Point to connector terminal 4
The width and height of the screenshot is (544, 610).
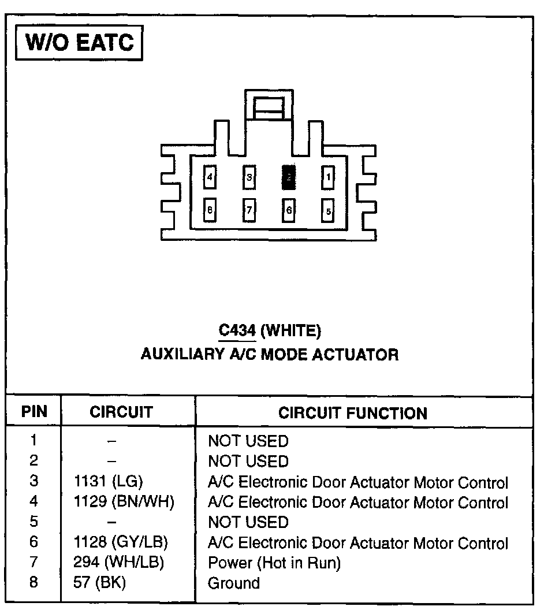[x=210, y=177]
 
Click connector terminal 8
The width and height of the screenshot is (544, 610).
[x=210, y=211]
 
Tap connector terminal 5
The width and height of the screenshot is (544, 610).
[x=328, y=211]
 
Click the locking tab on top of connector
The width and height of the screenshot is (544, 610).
[x=269, y=107]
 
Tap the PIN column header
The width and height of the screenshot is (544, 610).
[x=34, y=412]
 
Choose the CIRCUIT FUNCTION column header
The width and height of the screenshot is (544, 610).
[x=353, y=413]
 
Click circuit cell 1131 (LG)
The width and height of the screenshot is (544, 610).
[x=108, y=482]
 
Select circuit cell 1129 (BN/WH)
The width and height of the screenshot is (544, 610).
[x=124, y=502]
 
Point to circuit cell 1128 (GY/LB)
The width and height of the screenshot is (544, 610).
[x=121, y=542]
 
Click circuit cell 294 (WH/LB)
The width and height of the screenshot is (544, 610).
[x=118, y=563]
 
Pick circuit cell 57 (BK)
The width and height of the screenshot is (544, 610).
[x=100, y=583]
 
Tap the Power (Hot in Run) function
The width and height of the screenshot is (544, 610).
[x=274, y=563]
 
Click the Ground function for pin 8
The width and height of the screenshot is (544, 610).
[x=233, y=583]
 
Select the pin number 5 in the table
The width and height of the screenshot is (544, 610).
[x=33, y=522]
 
